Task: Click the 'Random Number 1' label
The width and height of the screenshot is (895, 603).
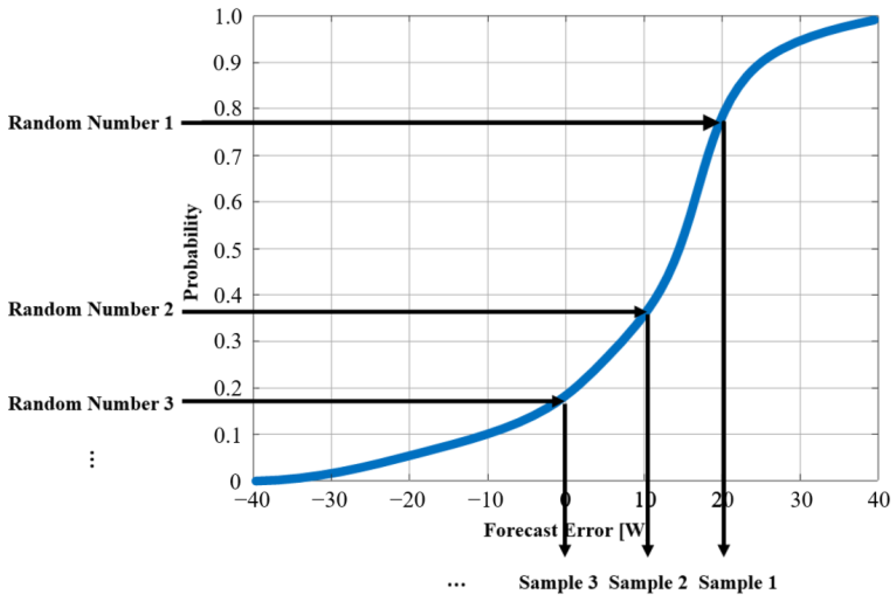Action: (x=90, y=123)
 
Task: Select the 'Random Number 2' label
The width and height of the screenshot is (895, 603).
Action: (x=90, y=310)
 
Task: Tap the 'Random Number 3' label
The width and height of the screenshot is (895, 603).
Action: (x=90, y=403)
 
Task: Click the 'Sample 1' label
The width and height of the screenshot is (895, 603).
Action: (x=737, y=583)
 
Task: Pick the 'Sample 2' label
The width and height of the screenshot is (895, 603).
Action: (x=648, y=583)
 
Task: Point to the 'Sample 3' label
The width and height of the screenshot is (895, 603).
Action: (x=558, y=583)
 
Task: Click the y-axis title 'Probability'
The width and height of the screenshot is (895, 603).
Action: (x=191, y=252)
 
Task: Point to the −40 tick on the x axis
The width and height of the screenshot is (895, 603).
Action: (x=252, y=500)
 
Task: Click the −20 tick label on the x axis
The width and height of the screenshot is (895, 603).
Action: (x=408, y=500)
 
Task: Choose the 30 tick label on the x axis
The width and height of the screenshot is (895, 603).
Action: (x=801, y=500)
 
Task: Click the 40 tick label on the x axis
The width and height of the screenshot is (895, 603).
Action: (x=878, y=500)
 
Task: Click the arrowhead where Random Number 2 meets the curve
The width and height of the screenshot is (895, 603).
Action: (x=638, y=312)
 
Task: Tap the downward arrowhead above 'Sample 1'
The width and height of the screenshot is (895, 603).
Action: (x=723, y=550)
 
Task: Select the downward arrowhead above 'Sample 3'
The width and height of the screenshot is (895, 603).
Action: (x=564, y=550)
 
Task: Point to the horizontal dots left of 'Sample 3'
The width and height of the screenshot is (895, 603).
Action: (x=456, y=585)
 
